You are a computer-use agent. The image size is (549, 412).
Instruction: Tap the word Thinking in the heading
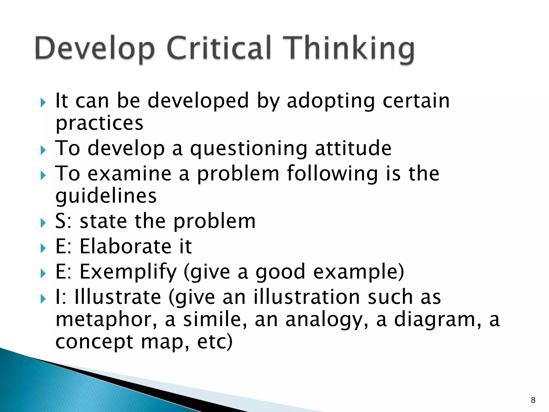[348, 50]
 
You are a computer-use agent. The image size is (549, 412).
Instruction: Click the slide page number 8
[533, 400]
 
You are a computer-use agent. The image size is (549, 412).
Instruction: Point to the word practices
[99, 124]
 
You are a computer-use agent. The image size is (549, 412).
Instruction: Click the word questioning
[248, 149]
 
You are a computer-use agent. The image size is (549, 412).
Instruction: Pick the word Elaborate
[125, 246]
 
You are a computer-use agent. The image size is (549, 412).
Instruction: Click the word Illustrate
[118, 297]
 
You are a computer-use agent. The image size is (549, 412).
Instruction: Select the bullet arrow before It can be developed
[43, 102]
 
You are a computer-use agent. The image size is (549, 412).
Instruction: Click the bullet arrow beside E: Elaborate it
[43, 248]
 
